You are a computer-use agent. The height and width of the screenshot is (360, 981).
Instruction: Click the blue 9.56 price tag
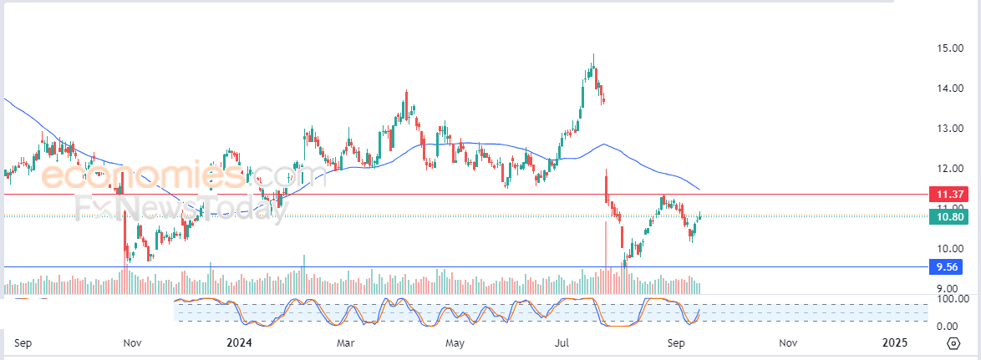[945, 267]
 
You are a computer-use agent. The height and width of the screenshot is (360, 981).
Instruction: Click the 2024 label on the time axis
[239, 342]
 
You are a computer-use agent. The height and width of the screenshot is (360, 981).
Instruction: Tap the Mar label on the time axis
[346, 342]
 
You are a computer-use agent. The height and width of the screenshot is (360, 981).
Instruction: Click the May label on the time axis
[455, 342]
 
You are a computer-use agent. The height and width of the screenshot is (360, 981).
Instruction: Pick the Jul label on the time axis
[562, 342]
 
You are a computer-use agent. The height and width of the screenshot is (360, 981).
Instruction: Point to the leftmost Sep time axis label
[23, 342]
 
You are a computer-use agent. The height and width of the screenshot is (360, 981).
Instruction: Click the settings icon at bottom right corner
[953, 343]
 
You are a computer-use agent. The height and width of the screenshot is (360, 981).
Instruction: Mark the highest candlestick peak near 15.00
[593, 55]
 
